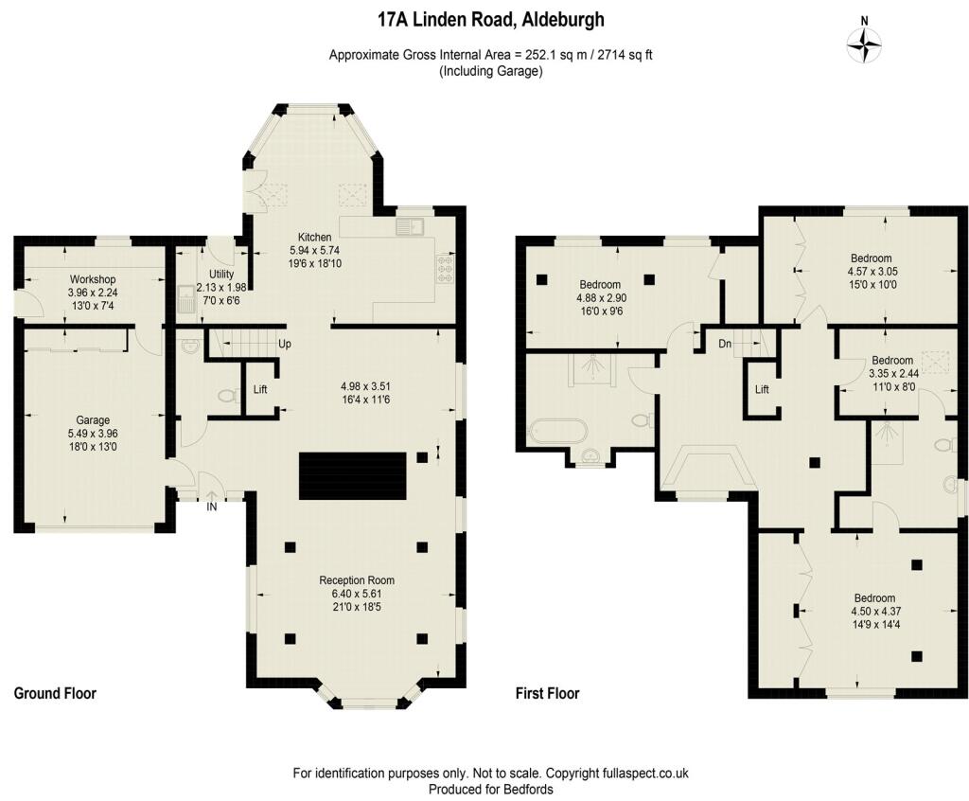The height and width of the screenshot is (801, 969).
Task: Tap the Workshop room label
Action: tap(92, 279)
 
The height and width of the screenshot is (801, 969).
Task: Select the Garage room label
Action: tap(93, 420)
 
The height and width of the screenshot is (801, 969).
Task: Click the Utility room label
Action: tap(221, 274)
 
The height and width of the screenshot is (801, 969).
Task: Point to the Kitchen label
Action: tap(314, 237)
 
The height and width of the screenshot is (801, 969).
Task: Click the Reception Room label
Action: tap(357, 580)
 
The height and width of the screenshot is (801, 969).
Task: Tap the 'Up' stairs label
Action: tap(284, 344)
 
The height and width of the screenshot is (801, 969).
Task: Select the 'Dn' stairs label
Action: tap(725, 344)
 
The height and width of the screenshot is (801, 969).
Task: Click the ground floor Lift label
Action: tap(260, 390)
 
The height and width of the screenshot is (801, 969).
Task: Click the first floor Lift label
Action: tap(762, 390)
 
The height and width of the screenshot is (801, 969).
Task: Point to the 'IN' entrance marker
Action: tap(212, 507)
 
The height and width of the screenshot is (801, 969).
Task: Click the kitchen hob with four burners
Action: tap(443, 269)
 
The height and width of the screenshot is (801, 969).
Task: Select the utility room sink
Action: tap(185, 300)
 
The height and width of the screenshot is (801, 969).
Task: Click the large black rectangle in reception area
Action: tap(353, 475)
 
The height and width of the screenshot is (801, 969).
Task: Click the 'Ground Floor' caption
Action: tap(55, 693)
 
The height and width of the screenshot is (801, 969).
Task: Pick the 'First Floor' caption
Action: tap(548, 693)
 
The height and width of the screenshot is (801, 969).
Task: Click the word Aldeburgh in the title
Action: tap(562, 21)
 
